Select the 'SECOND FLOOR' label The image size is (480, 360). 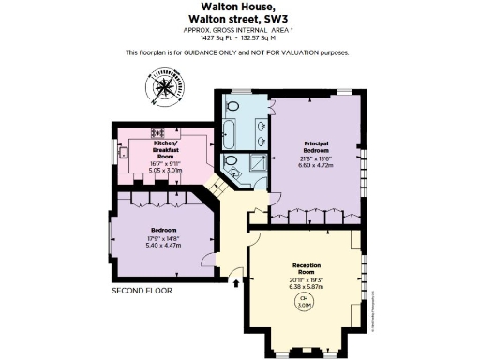(142, 290)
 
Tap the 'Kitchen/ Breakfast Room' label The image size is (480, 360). (172, 150)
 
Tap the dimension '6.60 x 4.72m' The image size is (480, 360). (317, 166)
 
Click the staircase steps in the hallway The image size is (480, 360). (215, 187)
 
